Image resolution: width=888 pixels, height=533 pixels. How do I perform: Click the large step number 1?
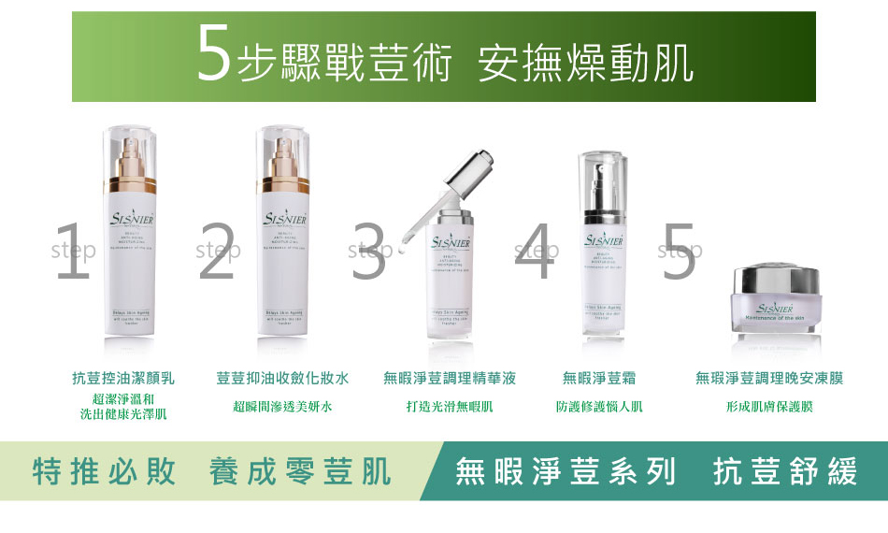point(72,252)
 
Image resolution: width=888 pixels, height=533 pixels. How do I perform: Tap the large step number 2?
point(216,252)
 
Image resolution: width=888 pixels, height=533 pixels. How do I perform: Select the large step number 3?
point(368,252)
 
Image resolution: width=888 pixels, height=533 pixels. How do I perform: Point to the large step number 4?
point(534,252)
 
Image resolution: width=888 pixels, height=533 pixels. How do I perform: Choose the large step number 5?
point(680,252)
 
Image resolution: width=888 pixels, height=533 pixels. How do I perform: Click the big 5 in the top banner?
point(214,55)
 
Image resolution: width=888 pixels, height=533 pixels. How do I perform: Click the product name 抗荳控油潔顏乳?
point(123,379)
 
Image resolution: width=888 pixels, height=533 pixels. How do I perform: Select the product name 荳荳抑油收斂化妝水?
point(282,379)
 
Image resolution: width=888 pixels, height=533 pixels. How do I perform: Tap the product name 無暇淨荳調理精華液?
point(450,379)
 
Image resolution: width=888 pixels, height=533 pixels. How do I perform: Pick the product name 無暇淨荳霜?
point(599,379)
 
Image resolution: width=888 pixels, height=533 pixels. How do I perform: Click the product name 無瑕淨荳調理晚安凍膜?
point(769,379)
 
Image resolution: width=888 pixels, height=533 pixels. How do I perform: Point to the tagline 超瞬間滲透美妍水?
point(282,407)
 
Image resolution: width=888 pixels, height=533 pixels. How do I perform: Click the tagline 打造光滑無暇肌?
point(450,407)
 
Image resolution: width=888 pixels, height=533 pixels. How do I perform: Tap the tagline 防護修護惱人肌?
point(599,407)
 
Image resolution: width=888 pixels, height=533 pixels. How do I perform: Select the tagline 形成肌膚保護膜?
point(769,407)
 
